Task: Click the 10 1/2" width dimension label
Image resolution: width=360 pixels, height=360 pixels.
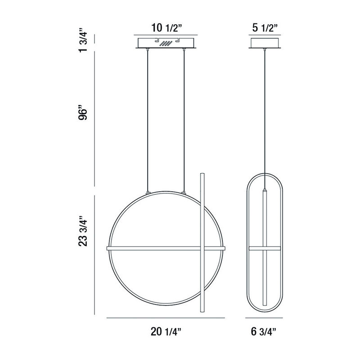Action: pos(166,28)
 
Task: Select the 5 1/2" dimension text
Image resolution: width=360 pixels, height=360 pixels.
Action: pos(265,28)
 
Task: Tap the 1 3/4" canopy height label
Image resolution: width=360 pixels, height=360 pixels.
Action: pos(83,40)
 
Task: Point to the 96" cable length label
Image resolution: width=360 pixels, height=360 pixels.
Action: pos(83,112)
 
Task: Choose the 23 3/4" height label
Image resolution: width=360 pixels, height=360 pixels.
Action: pos(83,231)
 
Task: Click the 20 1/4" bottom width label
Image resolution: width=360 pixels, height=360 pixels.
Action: pos(166,332)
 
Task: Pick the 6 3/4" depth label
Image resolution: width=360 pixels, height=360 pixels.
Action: pos(264,332)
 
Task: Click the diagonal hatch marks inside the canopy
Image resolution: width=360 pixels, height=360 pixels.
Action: pos(166,43)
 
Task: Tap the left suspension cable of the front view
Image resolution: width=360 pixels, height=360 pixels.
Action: pos(148,120)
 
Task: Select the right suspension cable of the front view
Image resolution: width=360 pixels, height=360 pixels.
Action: pos(184,120)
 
